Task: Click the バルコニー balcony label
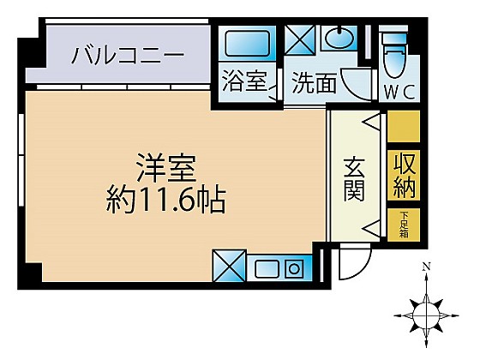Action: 129,56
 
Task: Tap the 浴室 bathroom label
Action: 244,81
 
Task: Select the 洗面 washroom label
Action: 314,82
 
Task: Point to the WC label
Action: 399,92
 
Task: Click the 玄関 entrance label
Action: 354,179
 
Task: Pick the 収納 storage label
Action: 404,176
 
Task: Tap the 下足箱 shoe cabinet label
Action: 404,225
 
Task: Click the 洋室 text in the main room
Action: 166,167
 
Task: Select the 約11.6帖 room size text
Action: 166,201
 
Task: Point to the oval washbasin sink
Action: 339,38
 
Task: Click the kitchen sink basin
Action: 267,268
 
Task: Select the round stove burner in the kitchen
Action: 294,268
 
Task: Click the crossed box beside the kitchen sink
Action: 230,266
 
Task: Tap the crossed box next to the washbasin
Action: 300,40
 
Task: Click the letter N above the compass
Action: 425,267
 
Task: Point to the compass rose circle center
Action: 426,315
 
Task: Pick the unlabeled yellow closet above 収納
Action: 404,126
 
